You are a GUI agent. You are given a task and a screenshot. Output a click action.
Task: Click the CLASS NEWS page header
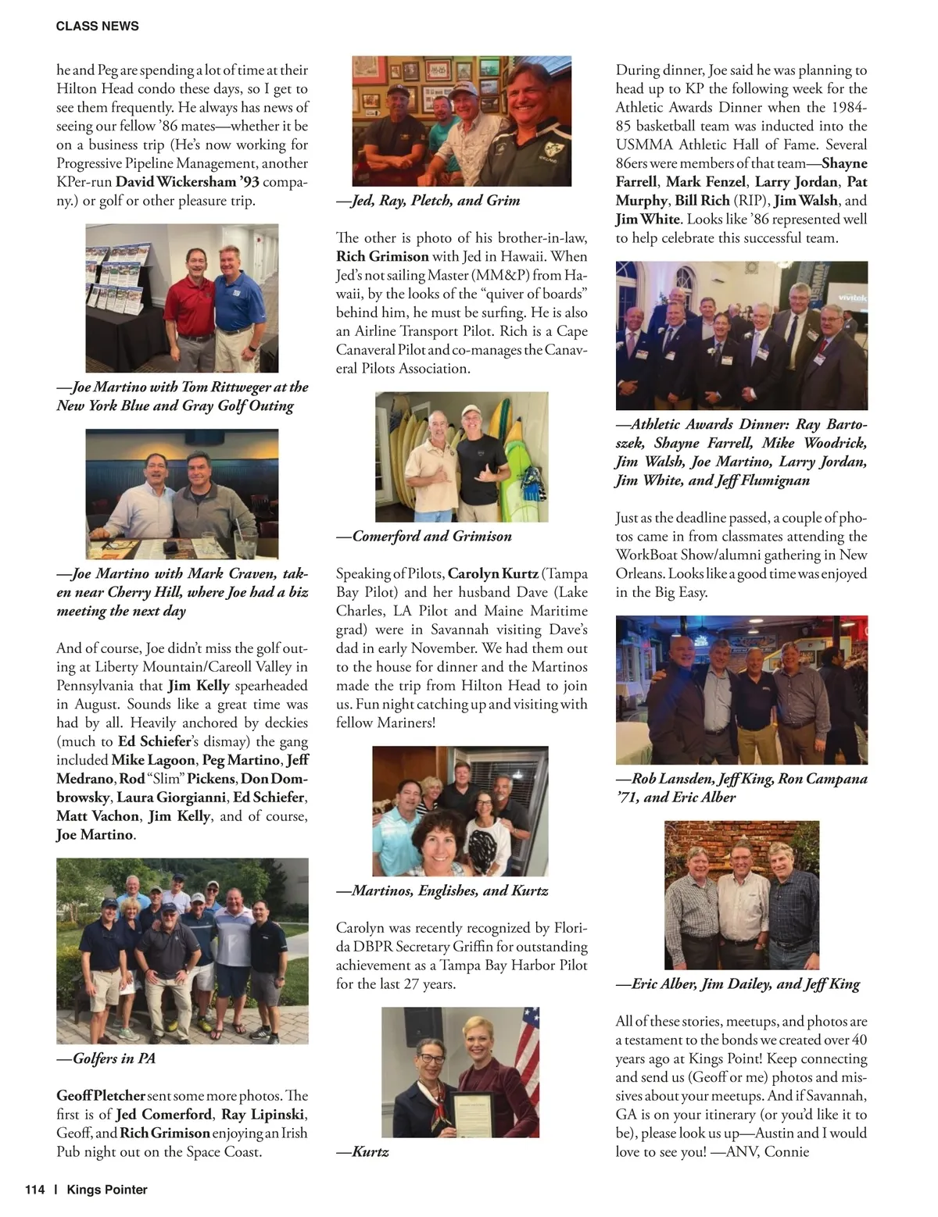click(97, 26)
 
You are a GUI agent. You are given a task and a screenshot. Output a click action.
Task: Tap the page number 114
click(35, 1190)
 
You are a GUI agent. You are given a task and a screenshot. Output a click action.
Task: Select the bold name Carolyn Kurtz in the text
click(492, 573)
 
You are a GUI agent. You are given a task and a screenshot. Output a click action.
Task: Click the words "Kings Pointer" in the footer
click(107, 1190)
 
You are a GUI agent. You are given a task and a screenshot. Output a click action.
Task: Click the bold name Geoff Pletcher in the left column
click(101, 1096)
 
